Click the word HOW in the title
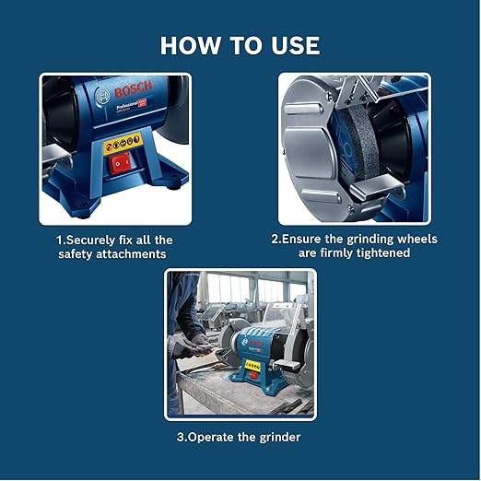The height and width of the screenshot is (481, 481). pyautogui.click(x=190, y=46)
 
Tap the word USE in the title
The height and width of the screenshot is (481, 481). pyautogui.click(x=295, y=46)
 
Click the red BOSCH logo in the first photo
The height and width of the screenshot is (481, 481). pyautogui.click(x=134, y=89)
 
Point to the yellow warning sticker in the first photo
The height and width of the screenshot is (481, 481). pyautogui.click(x=123, y=143)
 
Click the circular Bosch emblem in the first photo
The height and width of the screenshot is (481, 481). pyautogui.click(x=103, y=97)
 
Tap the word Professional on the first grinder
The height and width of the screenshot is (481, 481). pyautogui.click(x=127, y=106)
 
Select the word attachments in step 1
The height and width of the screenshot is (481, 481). pyautogui.click(x=131, y=254)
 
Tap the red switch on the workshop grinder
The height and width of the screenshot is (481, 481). pyautogui.click(x=253, y=374)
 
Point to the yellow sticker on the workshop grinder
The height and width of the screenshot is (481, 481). pyautogui.click(x=252, y=366)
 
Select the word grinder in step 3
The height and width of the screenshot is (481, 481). pyautogui.click(x=280, y=437)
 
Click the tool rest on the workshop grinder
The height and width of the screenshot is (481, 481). pyautogui.click(x=287, y=364)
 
